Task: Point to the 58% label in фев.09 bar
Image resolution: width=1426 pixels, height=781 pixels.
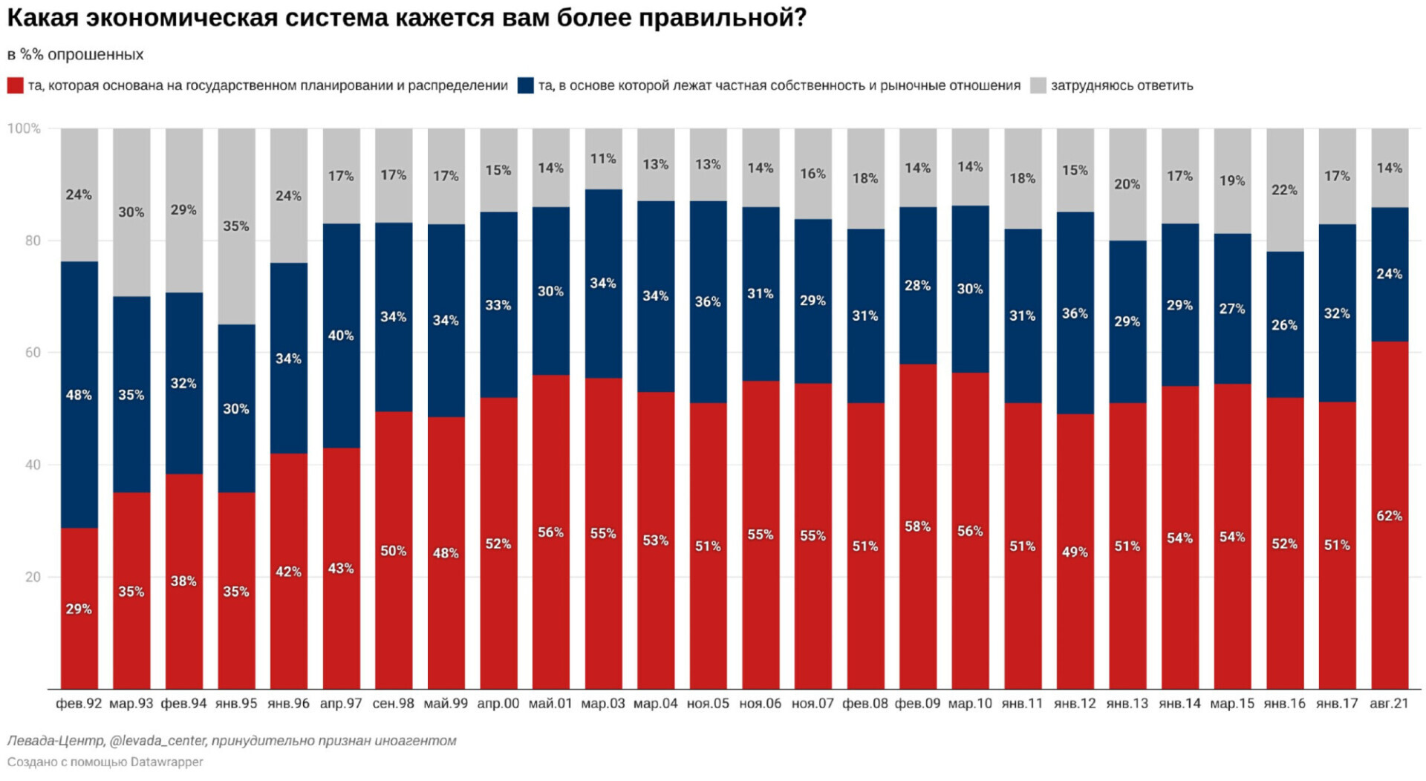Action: [917, 526]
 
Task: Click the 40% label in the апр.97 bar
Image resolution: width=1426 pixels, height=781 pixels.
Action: [341, 336]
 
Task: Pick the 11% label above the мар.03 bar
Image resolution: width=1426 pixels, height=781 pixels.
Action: [603, 159]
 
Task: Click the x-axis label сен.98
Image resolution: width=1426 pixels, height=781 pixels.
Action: [393, 703]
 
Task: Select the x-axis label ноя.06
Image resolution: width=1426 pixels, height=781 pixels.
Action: [760, 703]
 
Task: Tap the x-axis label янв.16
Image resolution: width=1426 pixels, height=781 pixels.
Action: [1284, 703]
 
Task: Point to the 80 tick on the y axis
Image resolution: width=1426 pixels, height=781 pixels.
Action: [32, 241]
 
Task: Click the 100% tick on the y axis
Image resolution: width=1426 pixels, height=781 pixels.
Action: [24, 128]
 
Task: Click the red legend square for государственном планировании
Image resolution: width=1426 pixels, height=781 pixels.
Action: [15, 85]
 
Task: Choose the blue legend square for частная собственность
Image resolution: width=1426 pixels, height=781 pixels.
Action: [525, 85]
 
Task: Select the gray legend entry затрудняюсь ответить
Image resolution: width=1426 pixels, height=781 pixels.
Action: [1121, 85]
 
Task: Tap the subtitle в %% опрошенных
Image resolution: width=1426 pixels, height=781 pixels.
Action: [75, 54]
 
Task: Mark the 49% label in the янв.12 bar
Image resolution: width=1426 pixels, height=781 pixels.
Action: [1074, 552]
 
